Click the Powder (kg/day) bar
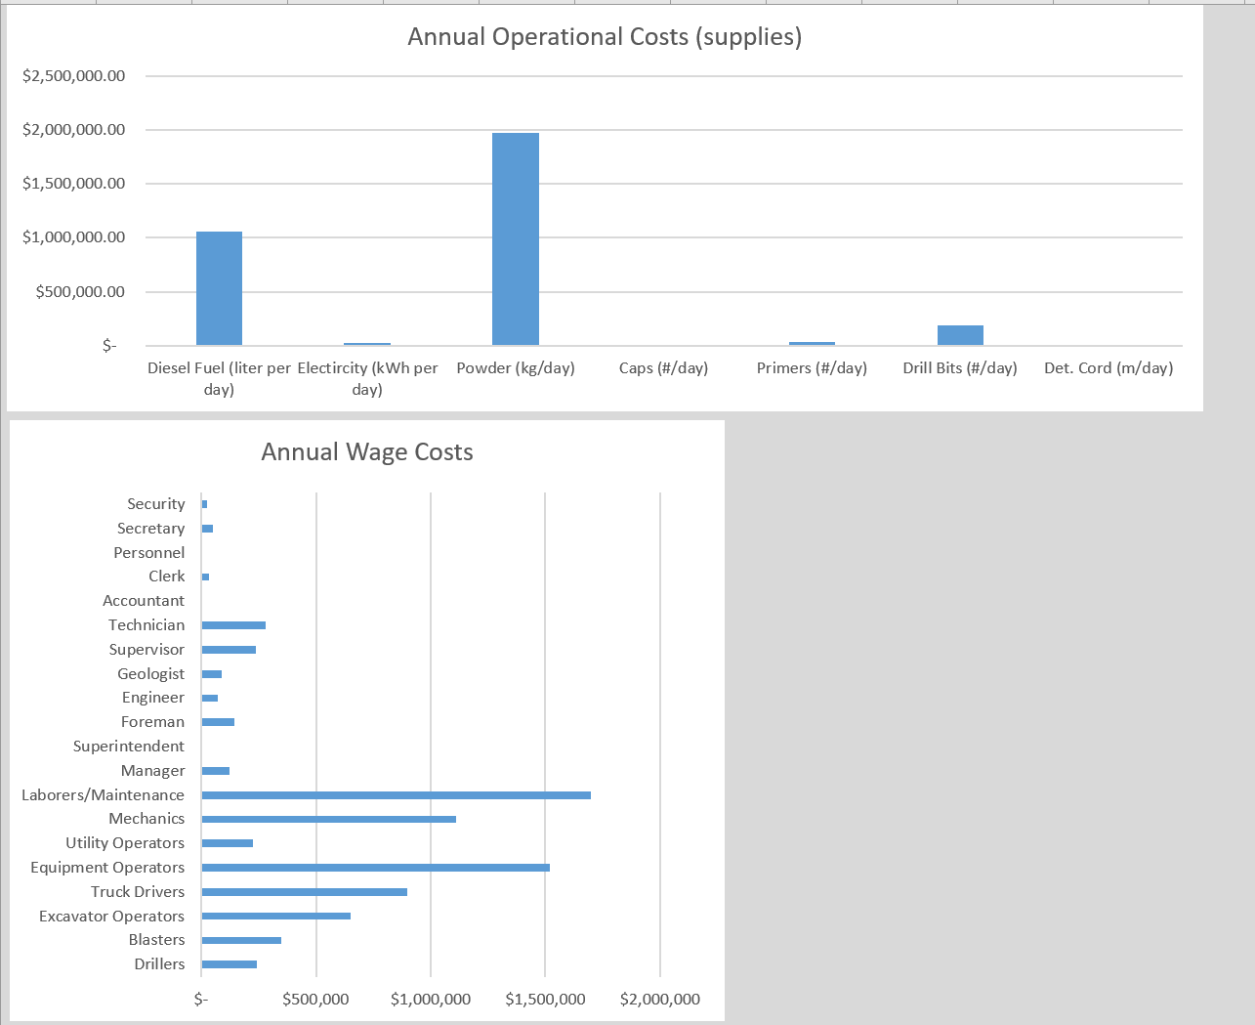[516, 239]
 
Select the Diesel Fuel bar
[219, 288]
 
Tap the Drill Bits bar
[960, 335]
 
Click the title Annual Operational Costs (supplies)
[605, 37]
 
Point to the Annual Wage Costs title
[367, 452]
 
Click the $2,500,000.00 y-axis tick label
[74, 76]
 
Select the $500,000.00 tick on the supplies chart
[81, 292]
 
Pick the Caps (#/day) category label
[663, 368]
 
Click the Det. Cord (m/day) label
[1109, 368]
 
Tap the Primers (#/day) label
[812, 368]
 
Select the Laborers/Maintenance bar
[396, 795]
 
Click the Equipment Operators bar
[375, 868]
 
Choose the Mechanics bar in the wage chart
[328, 819]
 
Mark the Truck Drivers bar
[304, 892]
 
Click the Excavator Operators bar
[275, 917]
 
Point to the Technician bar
[233, 625]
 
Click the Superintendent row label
[129, 747]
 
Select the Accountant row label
[144, 601]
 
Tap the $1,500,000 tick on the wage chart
[545, 1000]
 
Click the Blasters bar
[241, 940]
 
